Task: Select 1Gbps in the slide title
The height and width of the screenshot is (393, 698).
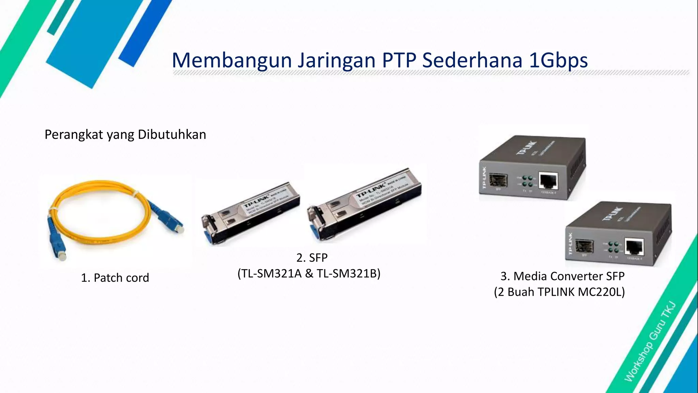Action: (558, 60)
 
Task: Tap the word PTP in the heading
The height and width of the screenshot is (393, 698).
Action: (399, 60)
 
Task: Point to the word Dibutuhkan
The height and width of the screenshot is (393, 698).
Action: (172, 134)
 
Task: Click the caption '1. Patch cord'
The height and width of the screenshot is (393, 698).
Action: (115, 278)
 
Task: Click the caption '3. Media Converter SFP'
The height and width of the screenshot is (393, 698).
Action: (562, 276)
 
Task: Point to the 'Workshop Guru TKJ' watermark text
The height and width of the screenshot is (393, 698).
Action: (650, 341)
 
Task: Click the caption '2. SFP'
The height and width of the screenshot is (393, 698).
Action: (312, 258)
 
